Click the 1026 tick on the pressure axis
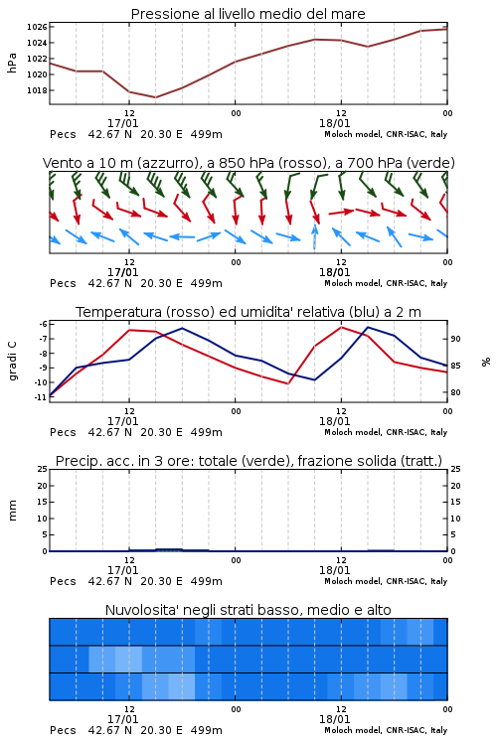click(37, 27)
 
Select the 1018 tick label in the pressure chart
click(37, 90)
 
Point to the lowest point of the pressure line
click(155, 97)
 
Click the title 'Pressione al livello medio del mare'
click(248, 14)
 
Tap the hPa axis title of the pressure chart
click(12, 63)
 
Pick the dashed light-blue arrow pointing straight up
click(314, 236)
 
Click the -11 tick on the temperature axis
click(42, 397)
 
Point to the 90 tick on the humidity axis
click(455, 339)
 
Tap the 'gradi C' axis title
click(13, 361)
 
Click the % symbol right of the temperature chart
click(486, 362)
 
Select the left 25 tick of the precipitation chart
click(43, 470)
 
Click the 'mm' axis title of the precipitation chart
click(12, 511)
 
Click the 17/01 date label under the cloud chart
click(122, 719)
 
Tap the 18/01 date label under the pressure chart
click(334, 123)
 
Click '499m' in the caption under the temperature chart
click(207, 432)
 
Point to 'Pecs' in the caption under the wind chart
click(63, 283)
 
